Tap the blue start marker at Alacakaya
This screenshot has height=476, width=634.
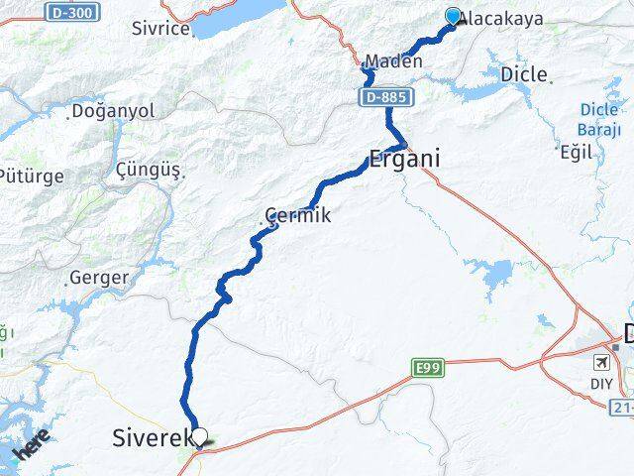click(453, 17)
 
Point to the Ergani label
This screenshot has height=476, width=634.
click(403, 158)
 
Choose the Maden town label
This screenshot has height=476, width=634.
click(393, 61)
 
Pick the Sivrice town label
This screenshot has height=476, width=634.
click(160, 28)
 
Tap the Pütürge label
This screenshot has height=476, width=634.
click(34, 177)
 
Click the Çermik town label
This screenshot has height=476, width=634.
click(296, 214)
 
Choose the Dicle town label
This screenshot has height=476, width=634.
click(524, 74)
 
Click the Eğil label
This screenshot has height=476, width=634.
click(575, 152)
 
